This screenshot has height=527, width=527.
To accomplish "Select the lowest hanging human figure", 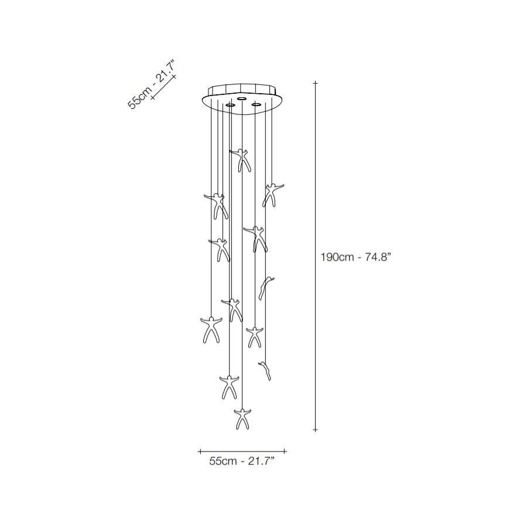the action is point(242,419).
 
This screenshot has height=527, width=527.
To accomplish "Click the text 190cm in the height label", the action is point(337,258).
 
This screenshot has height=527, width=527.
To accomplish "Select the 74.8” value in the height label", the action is point(378,258).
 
